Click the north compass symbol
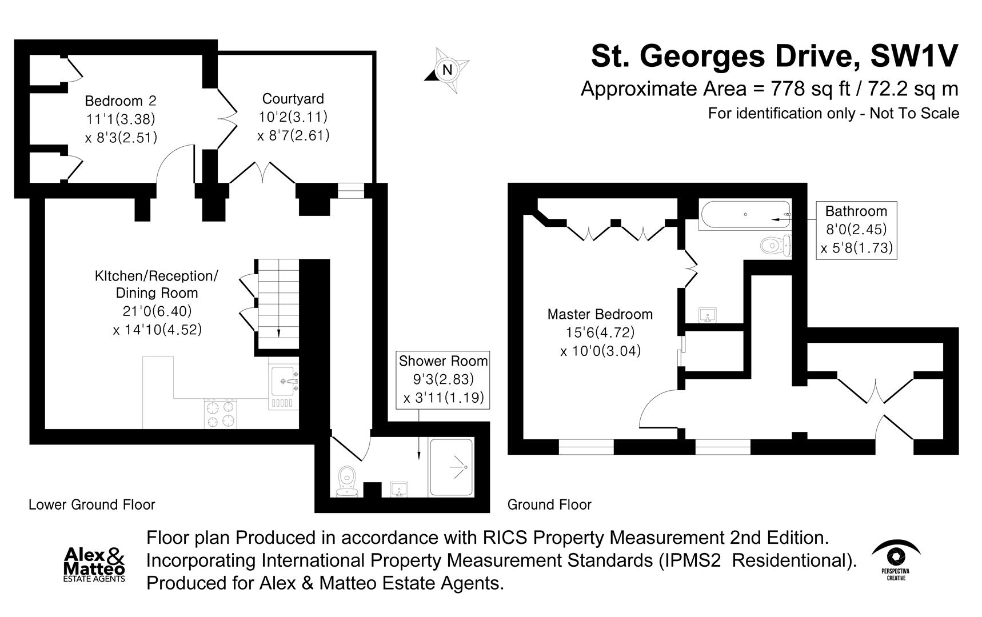pyautogui.click(x=448, y=70)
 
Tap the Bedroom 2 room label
pyautogui.click(x=120, y=101)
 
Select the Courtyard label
pyautogui.click(x=293, y=99)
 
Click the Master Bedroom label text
pyautogui.click(x=600, y=314)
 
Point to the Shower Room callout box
pyautogui.click(x=443, y=379)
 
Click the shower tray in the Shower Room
pyautogui.click(x=452, y=467)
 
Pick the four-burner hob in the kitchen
pyautogui.click(x=220, y=414)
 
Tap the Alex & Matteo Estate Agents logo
pyautogui.click(x=94, y=564)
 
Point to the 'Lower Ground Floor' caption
pyautogui.click(x=92, y=505)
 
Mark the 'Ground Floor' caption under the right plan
pyautogui.click(x=549, y=505)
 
